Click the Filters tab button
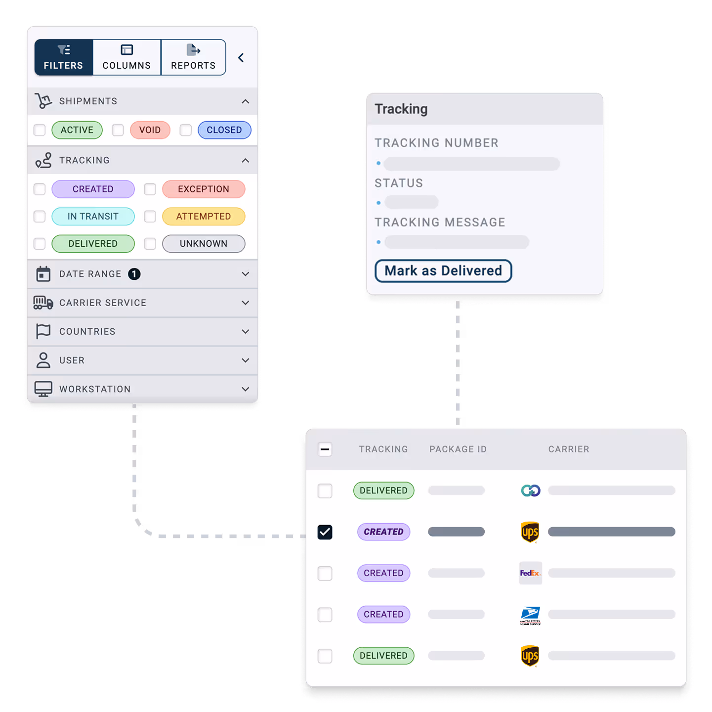[63, 57]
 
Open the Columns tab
[126, 57]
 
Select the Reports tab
[193, 57]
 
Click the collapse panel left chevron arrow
[241, 58]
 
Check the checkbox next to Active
[40, 130]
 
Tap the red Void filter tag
[150, 130]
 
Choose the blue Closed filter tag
[224, 130]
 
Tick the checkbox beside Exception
[150, 189]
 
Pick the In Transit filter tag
[93, 217]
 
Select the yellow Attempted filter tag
[204, 217]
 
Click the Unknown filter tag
[204, 244]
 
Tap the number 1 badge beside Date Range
[134, 274]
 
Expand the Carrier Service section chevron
[245, 303]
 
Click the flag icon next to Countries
[43, 331]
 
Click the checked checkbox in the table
[325, 532]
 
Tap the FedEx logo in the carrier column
[530, 573]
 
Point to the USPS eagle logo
[530, 615]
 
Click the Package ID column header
[458, 449]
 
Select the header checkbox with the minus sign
[325, 449]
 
